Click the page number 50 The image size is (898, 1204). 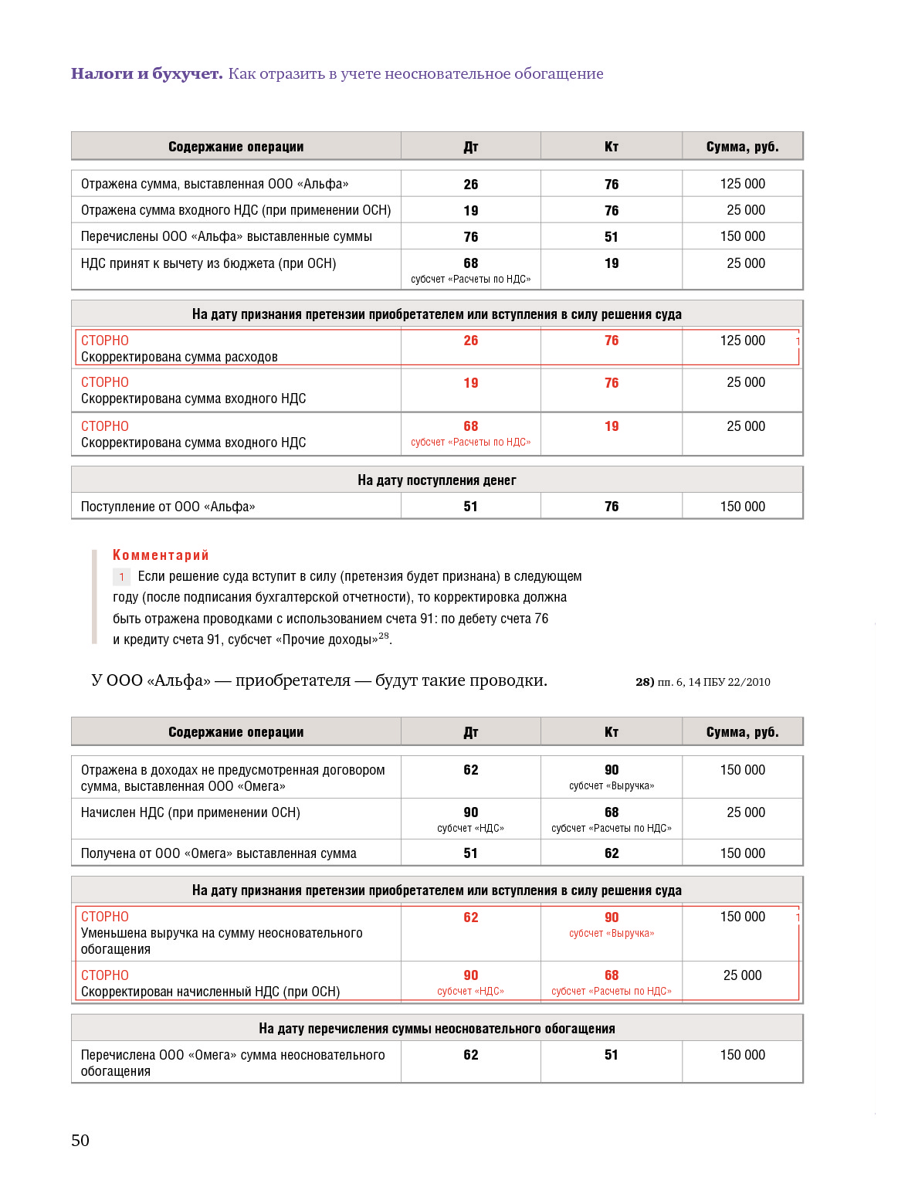coord(80,1141)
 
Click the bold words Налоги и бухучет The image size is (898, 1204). coord(147,74)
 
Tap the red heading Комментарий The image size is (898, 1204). coord(161,555)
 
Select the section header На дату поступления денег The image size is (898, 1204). coord(436,480)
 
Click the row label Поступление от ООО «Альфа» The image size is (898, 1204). coord(168,507)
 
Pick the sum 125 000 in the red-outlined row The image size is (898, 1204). coord(742,341)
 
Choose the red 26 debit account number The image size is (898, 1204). coord(470,341)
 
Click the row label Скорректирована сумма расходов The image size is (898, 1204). coord(179,357)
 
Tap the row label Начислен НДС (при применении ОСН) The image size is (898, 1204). coord(190,812)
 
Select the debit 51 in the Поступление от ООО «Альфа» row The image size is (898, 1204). coord(470,507)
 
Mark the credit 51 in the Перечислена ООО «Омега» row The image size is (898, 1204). coord(611,1055)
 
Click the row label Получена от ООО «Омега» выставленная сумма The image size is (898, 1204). coord(219,853)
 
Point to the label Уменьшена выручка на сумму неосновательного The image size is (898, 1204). coord(222,933)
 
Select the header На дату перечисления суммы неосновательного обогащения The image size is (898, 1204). coord(436,1029)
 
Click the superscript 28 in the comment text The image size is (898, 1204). coord(384,636)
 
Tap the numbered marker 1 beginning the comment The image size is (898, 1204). coord(121,577)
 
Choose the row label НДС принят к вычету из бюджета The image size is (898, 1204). coord(208,263)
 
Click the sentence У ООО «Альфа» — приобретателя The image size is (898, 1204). coord(319,680)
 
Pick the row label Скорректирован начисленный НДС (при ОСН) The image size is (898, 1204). coord(210,992)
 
